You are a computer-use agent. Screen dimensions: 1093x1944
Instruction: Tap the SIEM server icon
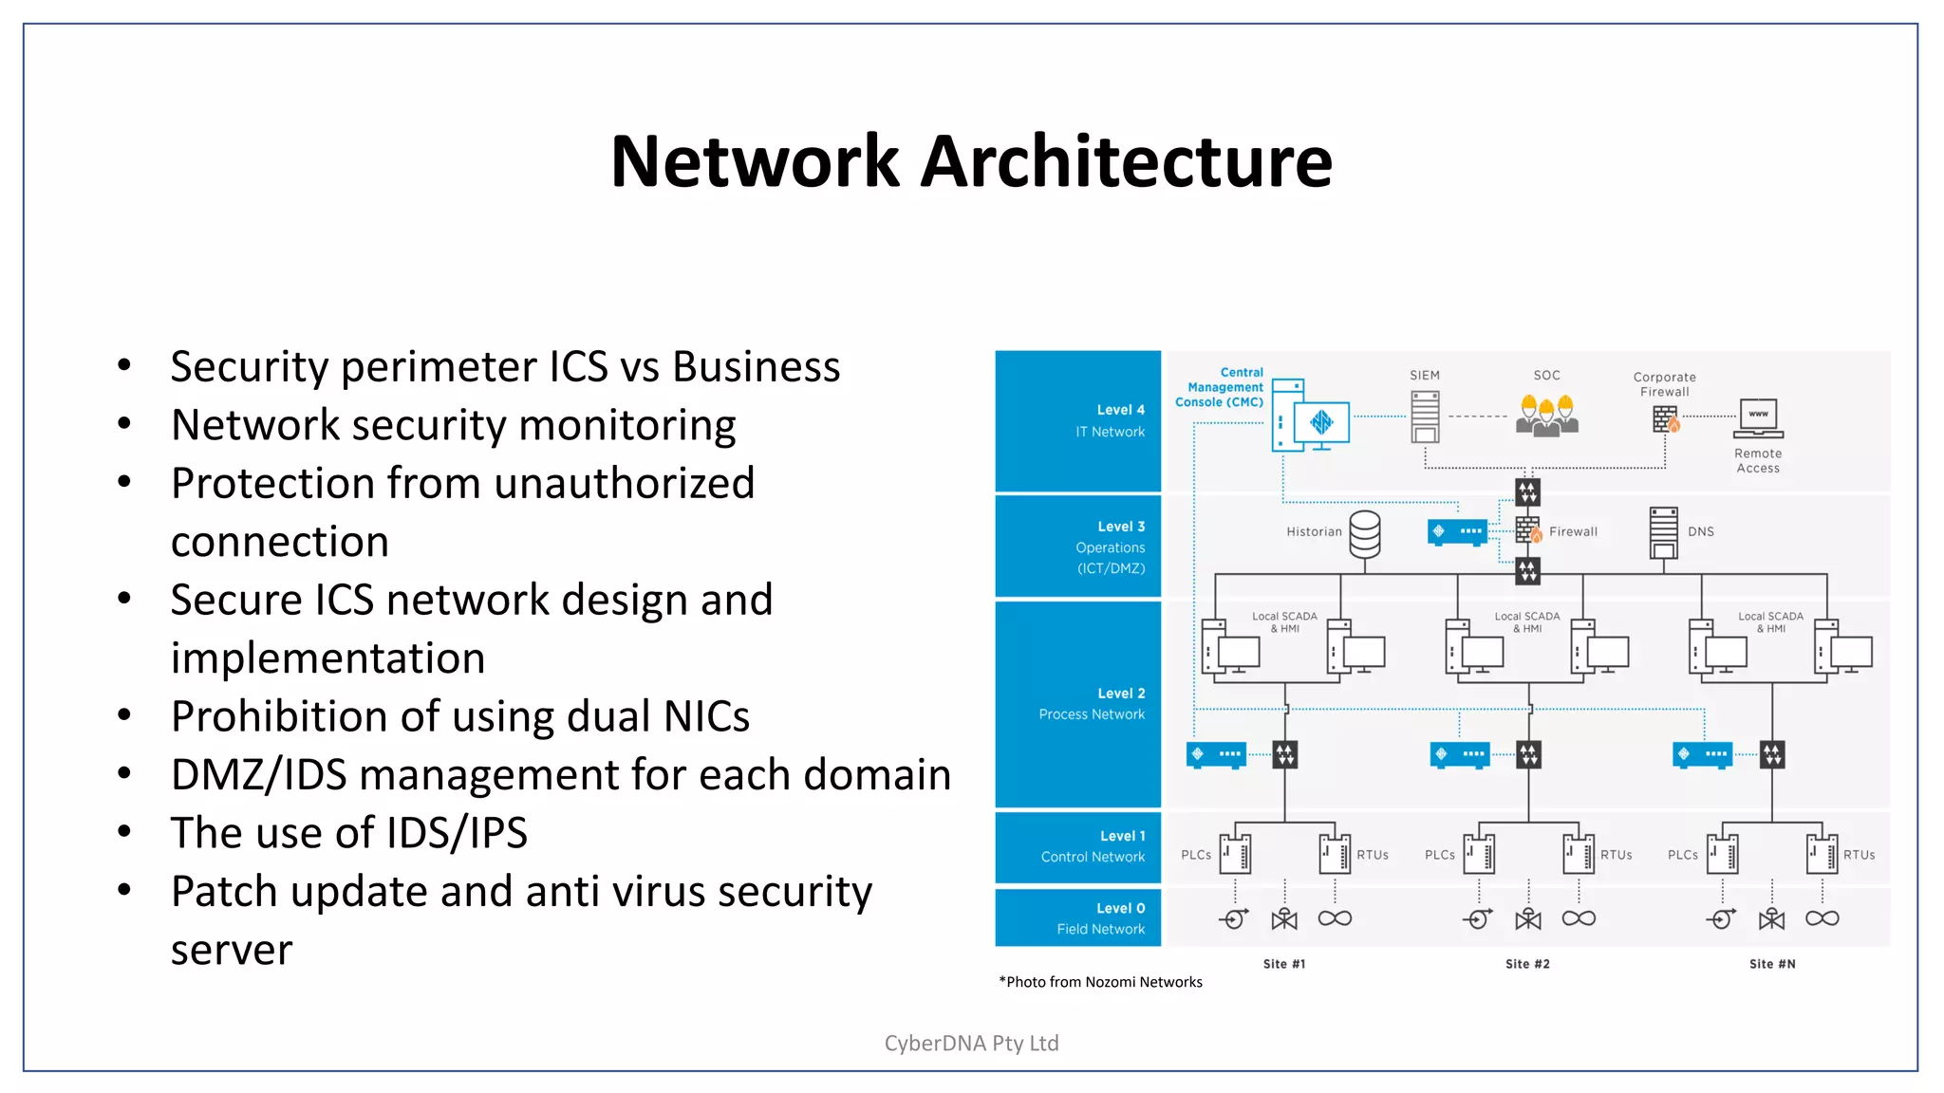pyautogui.click(x=1425, y=417)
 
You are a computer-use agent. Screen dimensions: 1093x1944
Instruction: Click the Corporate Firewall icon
pyautogui.click(x=1666, y=418)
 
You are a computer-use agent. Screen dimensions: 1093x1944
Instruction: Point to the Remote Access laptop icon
pyautogui.click(x=1758, y=417)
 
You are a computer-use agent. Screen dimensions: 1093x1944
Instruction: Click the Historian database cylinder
pyautogui.click(x=1365, y=534)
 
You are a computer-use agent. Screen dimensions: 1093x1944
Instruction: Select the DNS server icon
pyautogui.click(x=1664, y=532)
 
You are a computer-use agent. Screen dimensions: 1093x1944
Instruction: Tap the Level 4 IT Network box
pyautogui.click(x=1077, y=421)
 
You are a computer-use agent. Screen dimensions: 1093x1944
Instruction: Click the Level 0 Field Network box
pyautogui.click(x=1077, y=917)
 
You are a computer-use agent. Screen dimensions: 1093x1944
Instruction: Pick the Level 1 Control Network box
pyautogui.click(x=1077, y=846)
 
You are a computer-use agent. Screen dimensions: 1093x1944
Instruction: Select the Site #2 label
pyautogui.click(x=1527, y=964)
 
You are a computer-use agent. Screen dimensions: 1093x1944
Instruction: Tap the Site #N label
pyautogui.click(x=1772, y=964)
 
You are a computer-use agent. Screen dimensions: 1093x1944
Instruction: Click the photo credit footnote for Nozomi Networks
pyautogui.click(x=1101, y=982)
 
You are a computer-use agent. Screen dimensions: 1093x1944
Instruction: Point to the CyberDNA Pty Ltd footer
pyautogui.click(x=971, y=1043)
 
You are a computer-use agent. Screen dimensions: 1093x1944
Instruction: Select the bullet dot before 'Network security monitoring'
pyautogui.click(x=124, y=424)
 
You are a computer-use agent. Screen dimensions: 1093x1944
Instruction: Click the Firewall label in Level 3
pyautogui.click(x=1573, y=532)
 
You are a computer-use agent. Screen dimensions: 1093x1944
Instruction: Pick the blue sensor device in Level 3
pyautogui.click(x=1456, y=531)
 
